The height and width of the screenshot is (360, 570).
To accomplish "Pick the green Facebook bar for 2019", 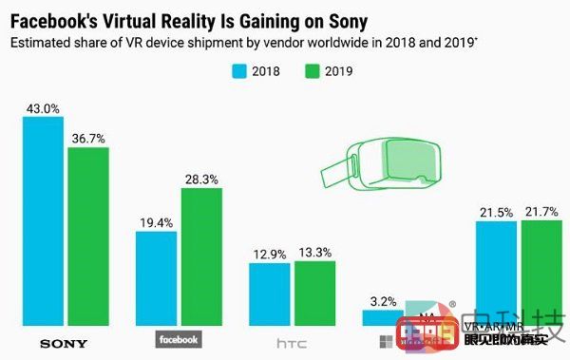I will (x=201, y=256).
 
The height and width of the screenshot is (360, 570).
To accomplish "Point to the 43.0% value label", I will (x=43, y=106).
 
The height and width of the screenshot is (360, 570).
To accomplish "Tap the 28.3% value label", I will (x=201, y=177).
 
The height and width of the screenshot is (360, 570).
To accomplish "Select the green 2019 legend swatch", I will (x=311, y=69).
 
